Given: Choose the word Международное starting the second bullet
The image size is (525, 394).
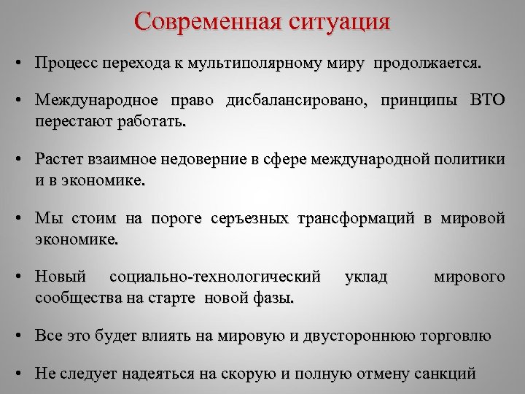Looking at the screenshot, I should pyautogui.click(x=91, y=101).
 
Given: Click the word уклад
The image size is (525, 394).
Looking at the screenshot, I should pyautogui.click(x=365, y=277).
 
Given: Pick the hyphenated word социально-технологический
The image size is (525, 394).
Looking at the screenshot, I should pyautogui.click(x=214, y=277).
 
